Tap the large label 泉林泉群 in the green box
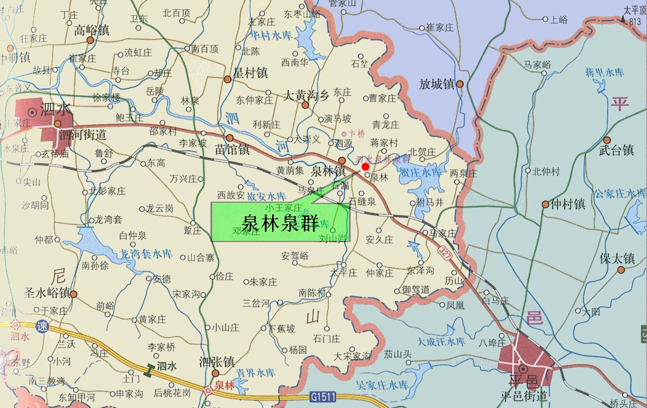281,223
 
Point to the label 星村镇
250,73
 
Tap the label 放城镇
437,84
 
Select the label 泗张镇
216,361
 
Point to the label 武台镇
616,150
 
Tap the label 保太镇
617,258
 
